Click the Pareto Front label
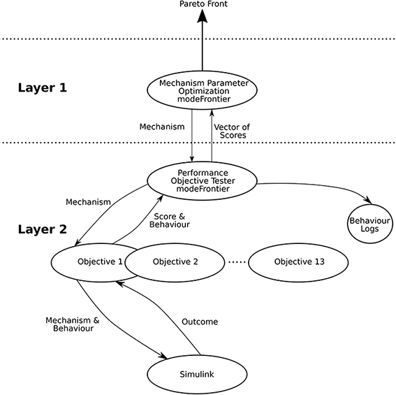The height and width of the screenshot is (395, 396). (x=203, y=3)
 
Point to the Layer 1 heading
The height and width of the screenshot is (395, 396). (x=43, y=88)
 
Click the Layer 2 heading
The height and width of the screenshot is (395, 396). (x=43, y=229)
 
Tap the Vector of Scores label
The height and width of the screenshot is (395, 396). (x=232, y=131)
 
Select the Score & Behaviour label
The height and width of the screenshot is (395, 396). (x=170, y=220)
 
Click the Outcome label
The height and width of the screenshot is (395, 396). (x=200, y=322)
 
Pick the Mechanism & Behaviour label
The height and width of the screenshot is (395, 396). (x=73, y=324)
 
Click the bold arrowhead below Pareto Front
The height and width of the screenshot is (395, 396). (x=203, y=16)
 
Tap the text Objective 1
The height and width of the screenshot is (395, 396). (x=100, y=261)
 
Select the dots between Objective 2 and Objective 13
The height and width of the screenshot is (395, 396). (x=237, y=262)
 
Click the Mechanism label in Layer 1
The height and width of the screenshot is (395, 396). (x=162, y=127)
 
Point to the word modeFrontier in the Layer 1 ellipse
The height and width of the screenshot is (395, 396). (x=204, y=99)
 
